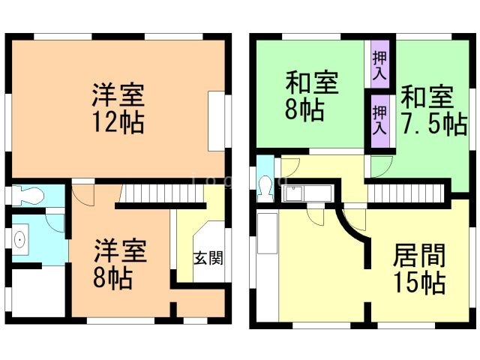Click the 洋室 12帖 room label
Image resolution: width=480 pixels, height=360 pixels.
coord(118,108)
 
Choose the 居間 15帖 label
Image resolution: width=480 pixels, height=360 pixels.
coord(419,268)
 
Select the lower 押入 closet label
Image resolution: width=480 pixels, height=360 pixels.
coord(380,118)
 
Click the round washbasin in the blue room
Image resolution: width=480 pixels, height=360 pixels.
coord(19,238)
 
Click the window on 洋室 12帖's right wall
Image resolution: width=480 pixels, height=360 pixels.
coord(218,121)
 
